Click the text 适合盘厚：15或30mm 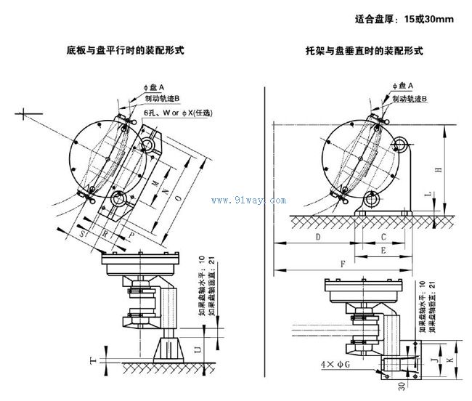[405, 19]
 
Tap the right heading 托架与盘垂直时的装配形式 [365, 52]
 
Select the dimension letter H [437, 170]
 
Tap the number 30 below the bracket [400, 386]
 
